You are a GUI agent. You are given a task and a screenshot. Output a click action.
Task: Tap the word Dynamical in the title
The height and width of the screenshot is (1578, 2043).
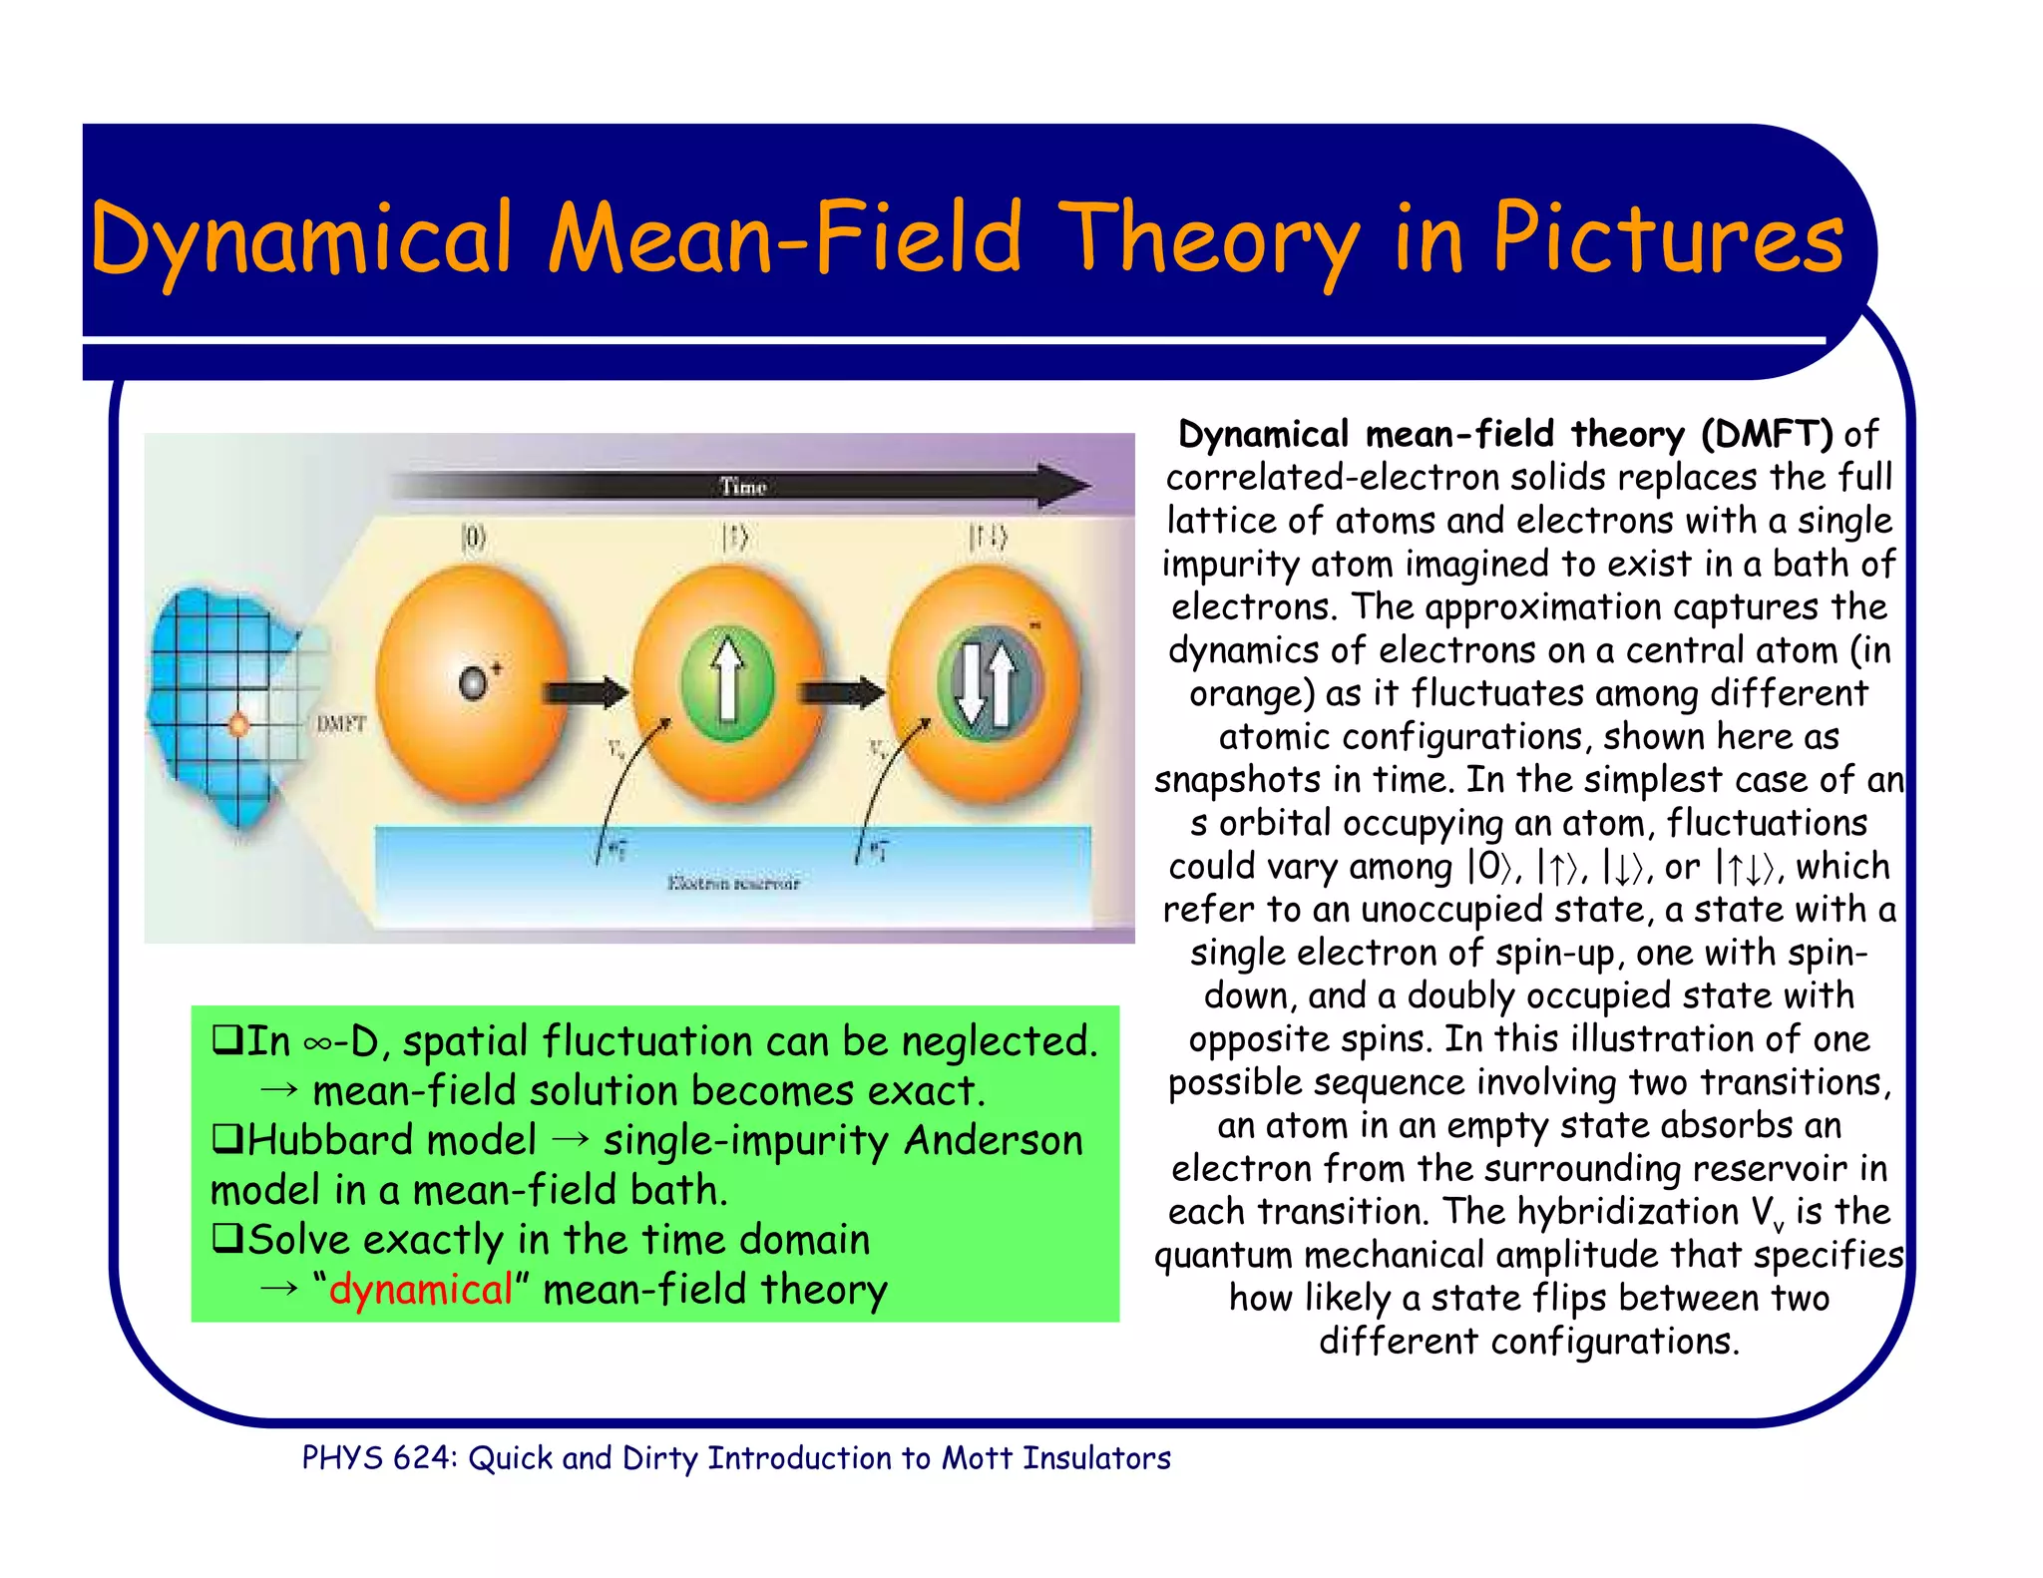299,239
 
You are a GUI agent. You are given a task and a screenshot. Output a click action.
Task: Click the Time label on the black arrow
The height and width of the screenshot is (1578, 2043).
742,487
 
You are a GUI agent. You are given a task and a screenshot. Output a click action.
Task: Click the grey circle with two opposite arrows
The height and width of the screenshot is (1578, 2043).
987,683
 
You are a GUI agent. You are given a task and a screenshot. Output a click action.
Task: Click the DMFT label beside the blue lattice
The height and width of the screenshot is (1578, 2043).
341,723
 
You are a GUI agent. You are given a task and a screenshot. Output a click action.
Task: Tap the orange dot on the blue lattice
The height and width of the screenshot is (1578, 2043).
239,724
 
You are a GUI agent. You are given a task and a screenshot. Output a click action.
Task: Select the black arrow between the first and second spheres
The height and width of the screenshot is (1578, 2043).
585,691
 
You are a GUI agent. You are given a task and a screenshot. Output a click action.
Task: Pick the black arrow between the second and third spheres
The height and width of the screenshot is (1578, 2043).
844,691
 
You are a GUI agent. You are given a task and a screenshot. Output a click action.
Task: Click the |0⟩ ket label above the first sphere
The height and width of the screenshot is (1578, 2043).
473,540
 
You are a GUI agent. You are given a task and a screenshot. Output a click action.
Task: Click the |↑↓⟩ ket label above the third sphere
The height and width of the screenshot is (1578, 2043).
988,540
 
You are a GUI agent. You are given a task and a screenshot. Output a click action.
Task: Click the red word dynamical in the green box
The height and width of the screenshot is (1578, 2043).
421,1290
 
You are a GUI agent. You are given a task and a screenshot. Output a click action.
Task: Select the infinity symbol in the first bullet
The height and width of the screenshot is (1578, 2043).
318,1043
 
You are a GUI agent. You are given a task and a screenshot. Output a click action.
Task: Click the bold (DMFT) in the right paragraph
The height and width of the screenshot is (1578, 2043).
1767,434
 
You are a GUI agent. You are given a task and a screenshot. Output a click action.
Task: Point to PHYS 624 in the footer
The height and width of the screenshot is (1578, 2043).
378,1458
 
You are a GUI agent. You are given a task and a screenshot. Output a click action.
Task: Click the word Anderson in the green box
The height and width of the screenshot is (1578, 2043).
993,1140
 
